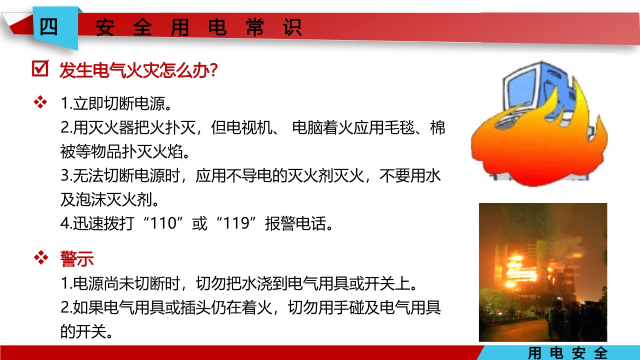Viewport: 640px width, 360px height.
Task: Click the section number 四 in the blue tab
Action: tap(49, 27)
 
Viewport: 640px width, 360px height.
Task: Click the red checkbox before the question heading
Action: tap(39, 69)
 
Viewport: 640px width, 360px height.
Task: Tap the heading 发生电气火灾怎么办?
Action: tap(138, 70)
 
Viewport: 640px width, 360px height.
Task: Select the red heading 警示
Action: tap(77, 259)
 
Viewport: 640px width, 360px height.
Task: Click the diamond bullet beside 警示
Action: tap(39, 258)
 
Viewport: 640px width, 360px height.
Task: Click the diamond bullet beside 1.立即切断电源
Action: tap(39, 103)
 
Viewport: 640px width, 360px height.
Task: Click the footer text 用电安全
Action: tap(568, 353)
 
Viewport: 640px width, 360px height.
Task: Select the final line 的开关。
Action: tap(86, 331)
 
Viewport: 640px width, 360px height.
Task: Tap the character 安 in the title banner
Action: tap(105, 28)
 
